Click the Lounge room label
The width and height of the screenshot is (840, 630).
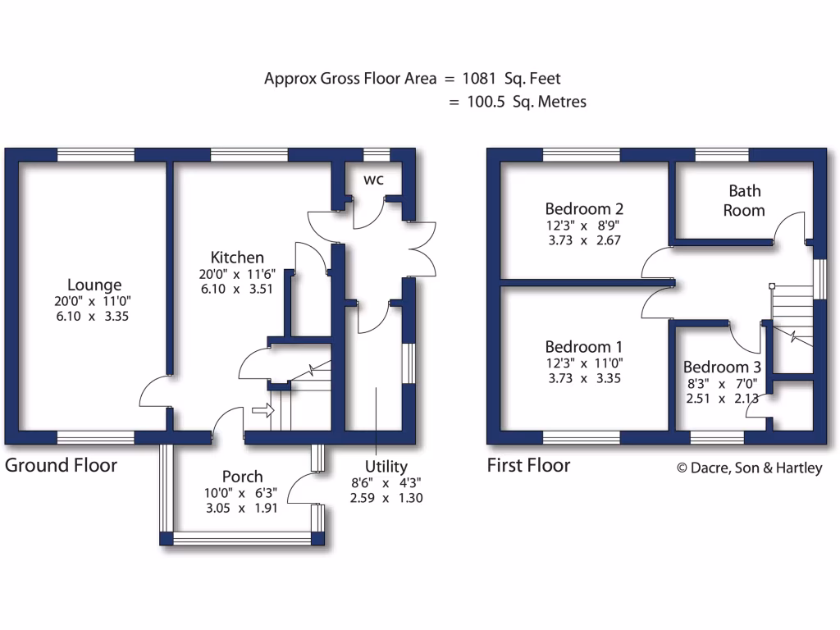(94, 285)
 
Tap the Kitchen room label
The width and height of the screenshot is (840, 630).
(237, 257)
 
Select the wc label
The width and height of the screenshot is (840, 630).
(372, 179)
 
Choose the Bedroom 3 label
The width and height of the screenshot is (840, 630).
(716, 367)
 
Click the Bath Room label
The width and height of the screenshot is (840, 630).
(744, 200)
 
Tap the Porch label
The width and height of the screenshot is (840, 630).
(243, 476)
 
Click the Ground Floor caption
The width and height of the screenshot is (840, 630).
(62, 466)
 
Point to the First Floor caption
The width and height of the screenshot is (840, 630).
(528, 466)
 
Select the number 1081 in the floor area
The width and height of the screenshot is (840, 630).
(480, 79)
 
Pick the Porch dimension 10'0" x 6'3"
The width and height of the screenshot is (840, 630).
(243, 493)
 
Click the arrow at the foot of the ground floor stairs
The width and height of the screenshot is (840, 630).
(262, 409)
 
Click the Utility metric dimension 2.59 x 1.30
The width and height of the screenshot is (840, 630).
(386, 498)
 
